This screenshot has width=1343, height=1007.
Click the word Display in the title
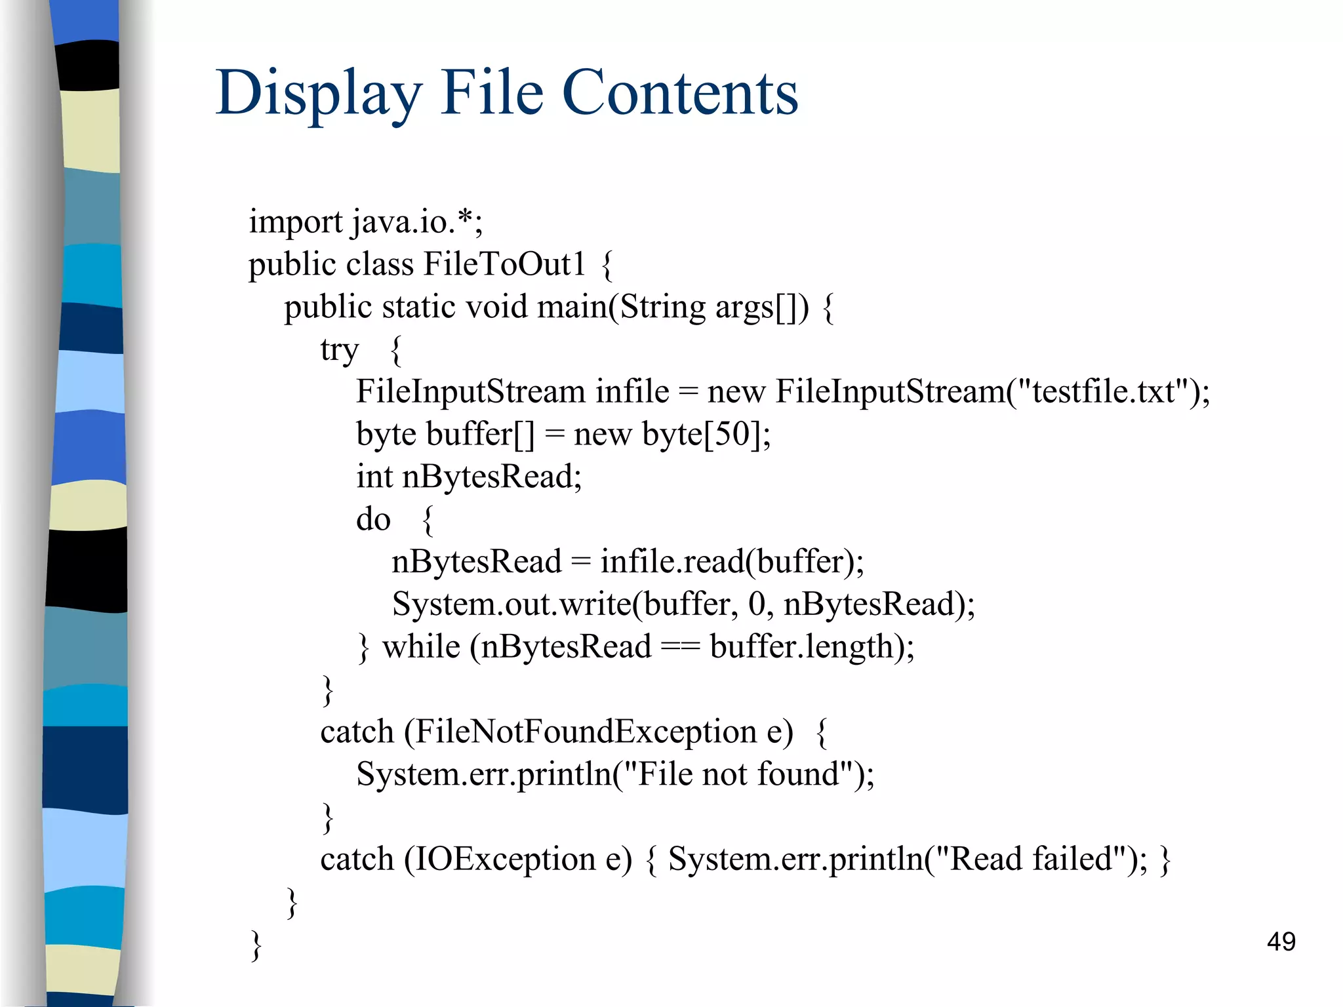pyautogui.click(x=319, y=93)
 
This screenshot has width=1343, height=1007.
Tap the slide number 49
pyautogui.click(x=1281, y=941)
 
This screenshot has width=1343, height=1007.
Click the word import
pyautogui.click(x=295, y=222)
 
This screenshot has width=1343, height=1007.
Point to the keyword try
pyautogui.click(x=339, y=350)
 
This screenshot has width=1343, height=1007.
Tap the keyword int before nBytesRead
pyautogui.click(x=374, y=477)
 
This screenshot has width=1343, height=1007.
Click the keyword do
pyautogui.click(x=373, y=519)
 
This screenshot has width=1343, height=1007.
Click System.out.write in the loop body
pyautogui.click(x=511, y=604)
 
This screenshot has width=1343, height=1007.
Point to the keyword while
pyautogui.click(x=421, y=646)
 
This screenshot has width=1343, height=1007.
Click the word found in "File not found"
pyautogui.click(x=798, y=774)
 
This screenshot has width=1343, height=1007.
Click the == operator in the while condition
pyautogui.click(x=680, y=647)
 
